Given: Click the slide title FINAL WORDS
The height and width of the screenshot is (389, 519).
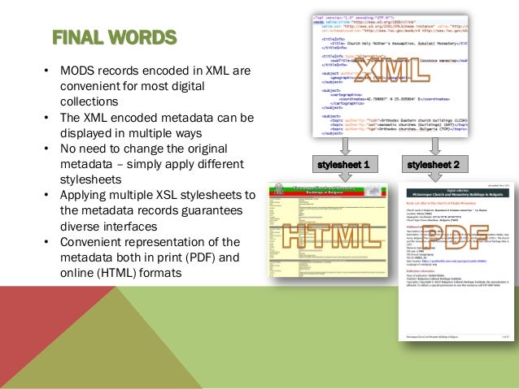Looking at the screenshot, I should tap(114, 37).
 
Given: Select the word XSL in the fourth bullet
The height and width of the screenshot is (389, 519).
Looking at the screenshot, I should tap(168, 196).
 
